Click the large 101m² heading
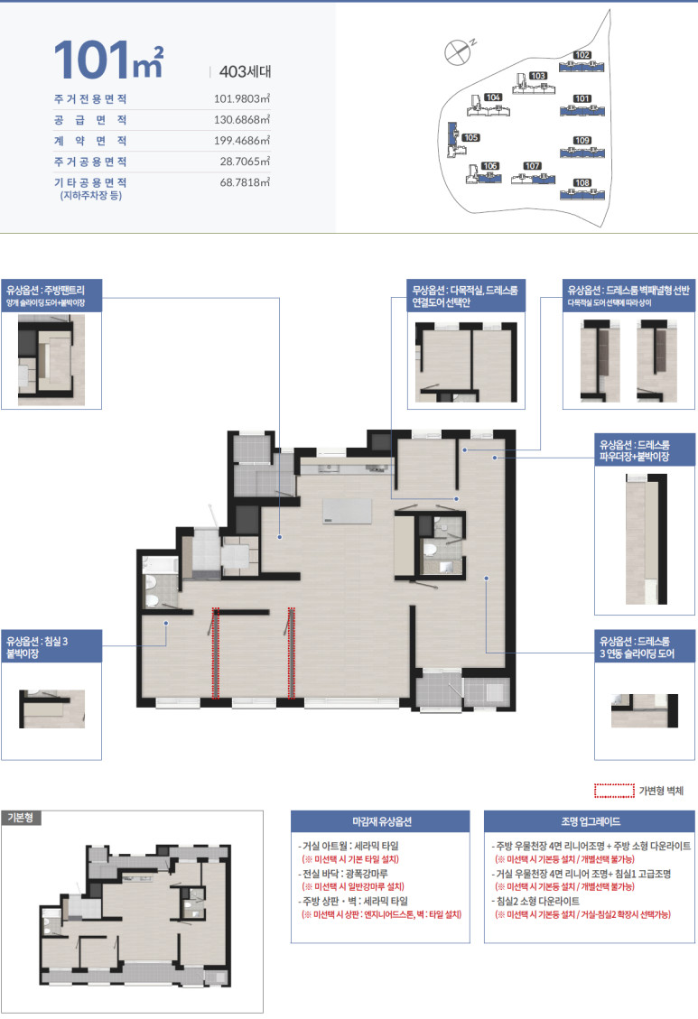click(108, 60)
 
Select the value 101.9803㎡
click(242, 98)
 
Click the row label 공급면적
click(90, 119)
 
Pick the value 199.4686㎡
click(242, 141)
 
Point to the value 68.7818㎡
click(245, 182)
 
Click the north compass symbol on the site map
click(458, 52)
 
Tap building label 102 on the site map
click(582, 55)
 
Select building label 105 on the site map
click(470, 138)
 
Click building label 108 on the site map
click(582, 182)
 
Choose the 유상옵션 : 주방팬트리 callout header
click(51, 296)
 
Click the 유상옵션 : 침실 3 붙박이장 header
click(51, 646)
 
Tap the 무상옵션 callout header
click(466, 296)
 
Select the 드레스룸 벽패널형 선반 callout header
click(628, 296)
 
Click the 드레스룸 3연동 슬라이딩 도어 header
click(645, 646)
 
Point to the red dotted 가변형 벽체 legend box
click(614, 791)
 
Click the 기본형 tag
click(22, 818)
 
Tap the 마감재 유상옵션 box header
click(380, 821)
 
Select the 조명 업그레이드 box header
click(590, 821)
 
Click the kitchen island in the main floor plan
click(347, 511)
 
